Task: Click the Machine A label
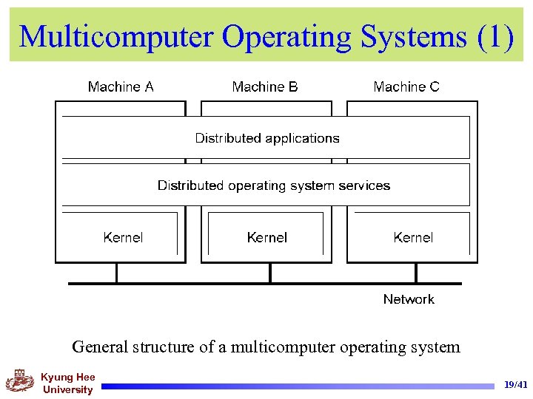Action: coord(121,87)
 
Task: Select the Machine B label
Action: coord(265,87)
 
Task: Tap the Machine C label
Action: coord(406,87)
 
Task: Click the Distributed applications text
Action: coord(267,138)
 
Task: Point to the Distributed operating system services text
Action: coord(274,185)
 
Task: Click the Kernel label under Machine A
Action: coord(123,237)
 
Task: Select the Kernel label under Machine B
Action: coord(266,237)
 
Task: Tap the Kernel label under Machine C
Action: coord(413,237)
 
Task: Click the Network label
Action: coord(409,299)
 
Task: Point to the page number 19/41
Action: coord(515,385)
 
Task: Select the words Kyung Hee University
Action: coord(67,383)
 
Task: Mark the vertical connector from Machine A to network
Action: coord(116,273)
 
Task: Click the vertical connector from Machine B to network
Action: coord(269,273)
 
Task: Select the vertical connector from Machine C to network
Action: coord(416,273)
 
